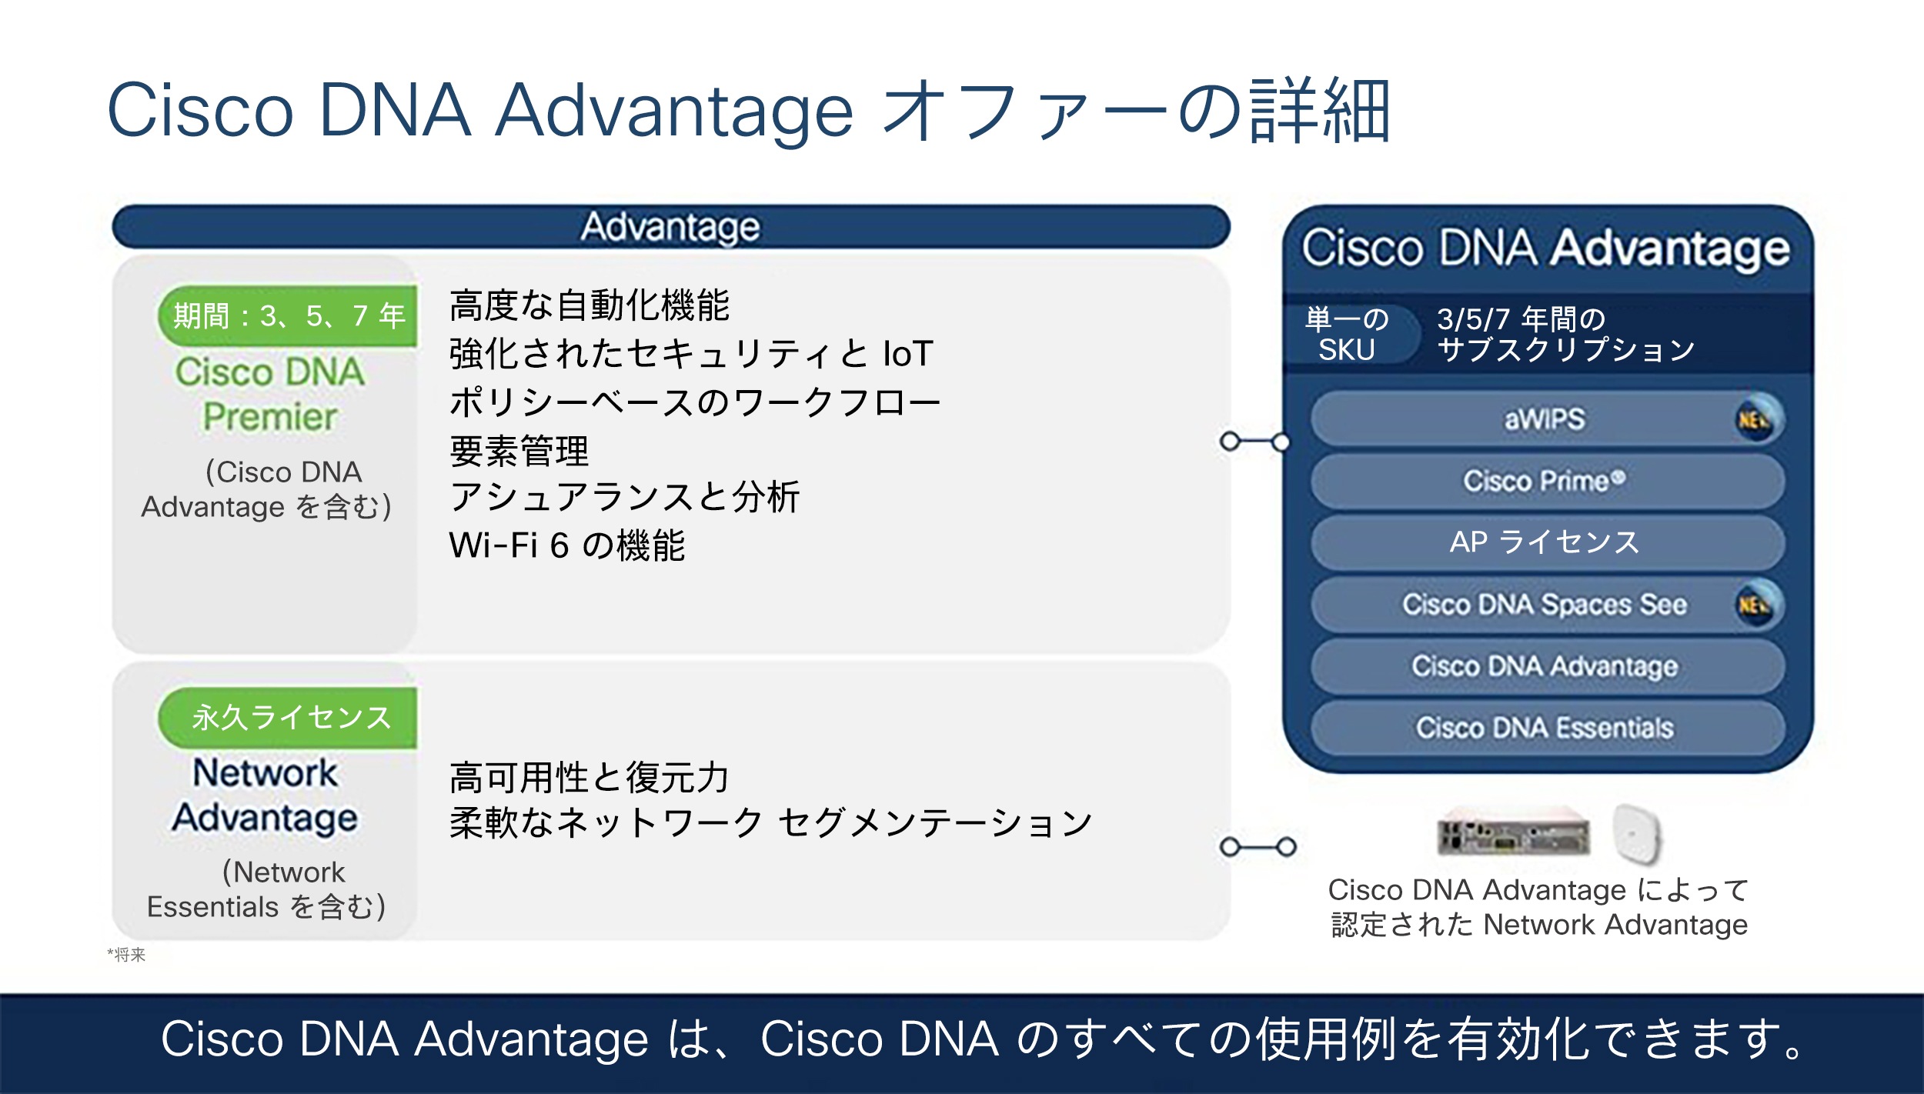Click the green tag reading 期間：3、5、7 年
(289, 316)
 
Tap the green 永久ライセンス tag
(289, 718)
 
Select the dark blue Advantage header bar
(670, 227)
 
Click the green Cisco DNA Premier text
(269, 394)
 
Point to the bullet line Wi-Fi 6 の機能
(567, 545)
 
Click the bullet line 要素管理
(519, 451)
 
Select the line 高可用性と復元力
(589, 778)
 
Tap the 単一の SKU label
(1347, 335)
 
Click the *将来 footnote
(127, 955)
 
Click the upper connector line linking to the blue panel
(1255, 442)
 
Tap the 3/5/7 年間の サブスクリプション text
(1565, 335)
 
